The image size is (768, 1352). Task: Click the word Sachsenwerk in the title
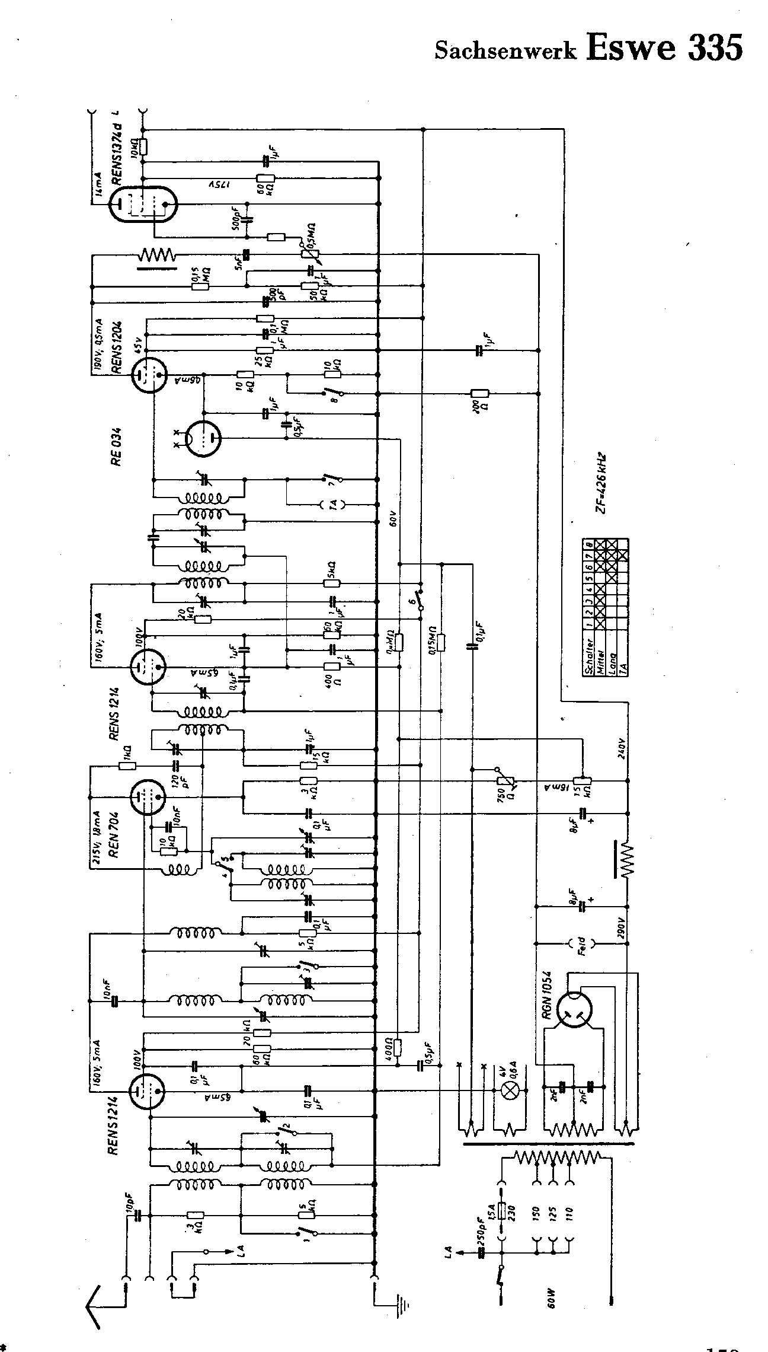tap(505, 51)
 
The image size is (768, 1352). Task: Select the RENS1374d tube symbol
tap(145, 203)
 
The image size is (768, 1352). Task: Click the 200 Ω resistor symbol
tap(479, 393)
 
